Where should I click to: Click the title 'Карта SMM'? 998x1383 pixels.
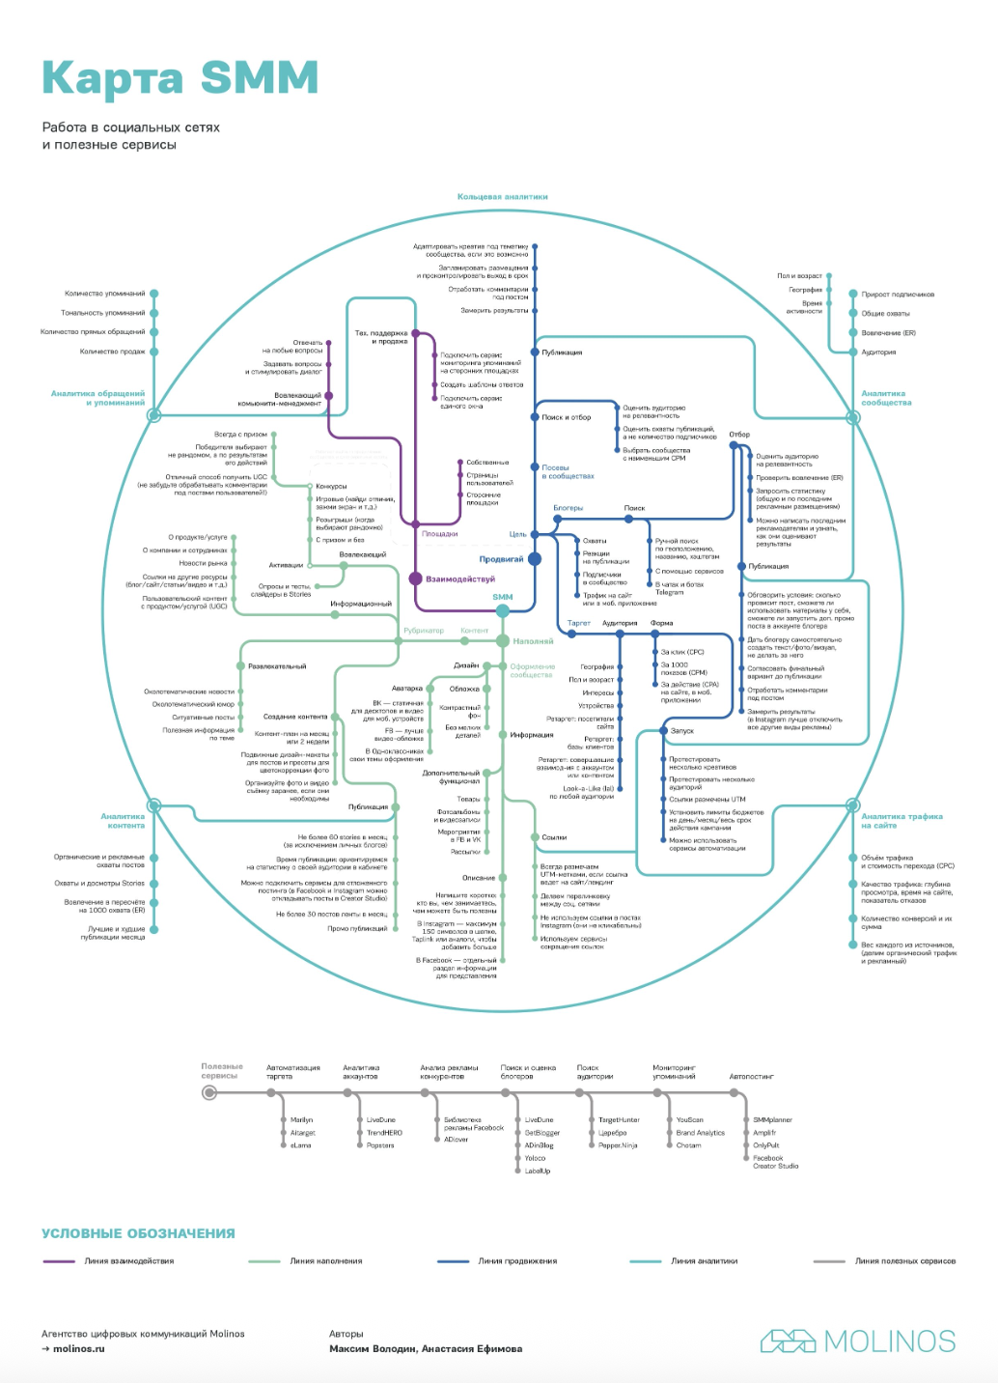coord(180,78)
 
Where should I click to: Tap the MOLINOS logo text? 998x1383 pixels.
coord(889,1341)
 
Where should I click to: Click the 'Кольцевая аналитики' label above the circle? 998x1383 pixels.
coord(502,197)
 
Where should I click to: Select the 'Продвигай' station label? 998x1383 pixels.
coord(501,559)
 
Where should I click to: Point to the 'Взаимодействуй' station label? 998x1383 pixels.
coord(460,579)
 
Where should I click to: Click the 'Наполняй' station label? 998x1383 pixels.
coord(533,641)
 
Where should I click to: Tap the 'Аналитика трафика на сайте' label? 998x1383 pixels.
coord(901,821)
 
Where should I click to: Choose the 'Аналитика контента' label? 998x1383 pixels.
coord(124,821)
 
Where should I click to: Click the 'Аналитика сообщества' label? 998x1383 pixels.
coord(885,398)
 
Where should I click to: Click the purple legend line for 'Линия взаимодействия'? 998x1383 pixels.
coord(59,1261)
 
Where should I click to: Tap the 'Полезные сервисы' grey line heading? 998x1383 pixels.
coord(222,1071)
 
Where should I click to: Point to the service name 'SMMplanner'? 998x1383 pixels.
coord(772,1120)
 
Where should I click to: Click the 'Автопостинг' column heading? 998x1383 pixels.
coord(751,1076)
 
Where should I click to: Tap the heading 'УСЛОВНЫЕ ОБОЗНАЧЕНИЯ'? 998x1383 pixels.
coord(138,1233)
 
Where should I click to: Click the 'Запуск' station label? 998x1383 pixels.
coord(681,731)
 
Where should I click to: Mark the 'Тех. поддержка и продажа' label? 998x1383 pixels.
coord(381,337)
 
